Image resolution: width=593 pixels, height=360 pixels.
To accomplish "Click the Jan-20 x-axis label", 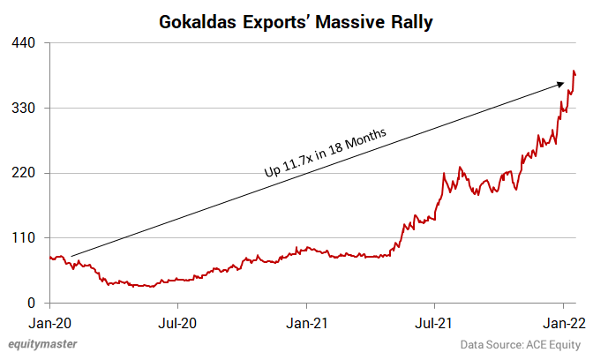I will (50, 321).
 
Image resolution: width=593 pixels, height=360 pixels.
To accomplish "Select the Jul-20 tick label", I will (177, 321).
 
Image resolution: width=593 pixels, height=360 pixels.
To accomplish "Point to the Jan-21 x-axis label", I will (307, 321).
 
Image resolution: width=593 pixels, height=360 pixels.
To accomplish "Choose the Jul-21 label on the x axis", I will (435, 321).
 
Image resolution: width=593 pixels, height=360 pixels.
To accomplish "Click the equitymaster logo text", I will (41, 344).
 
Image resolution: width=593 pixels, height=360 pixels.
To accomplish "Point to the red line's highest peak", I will (574, 71).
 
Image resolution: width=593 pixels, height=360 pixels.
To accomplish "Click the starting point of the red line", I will (50, 257).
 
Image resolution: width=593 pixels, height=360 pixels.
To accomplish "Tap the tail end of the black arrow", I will (71, 256).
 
